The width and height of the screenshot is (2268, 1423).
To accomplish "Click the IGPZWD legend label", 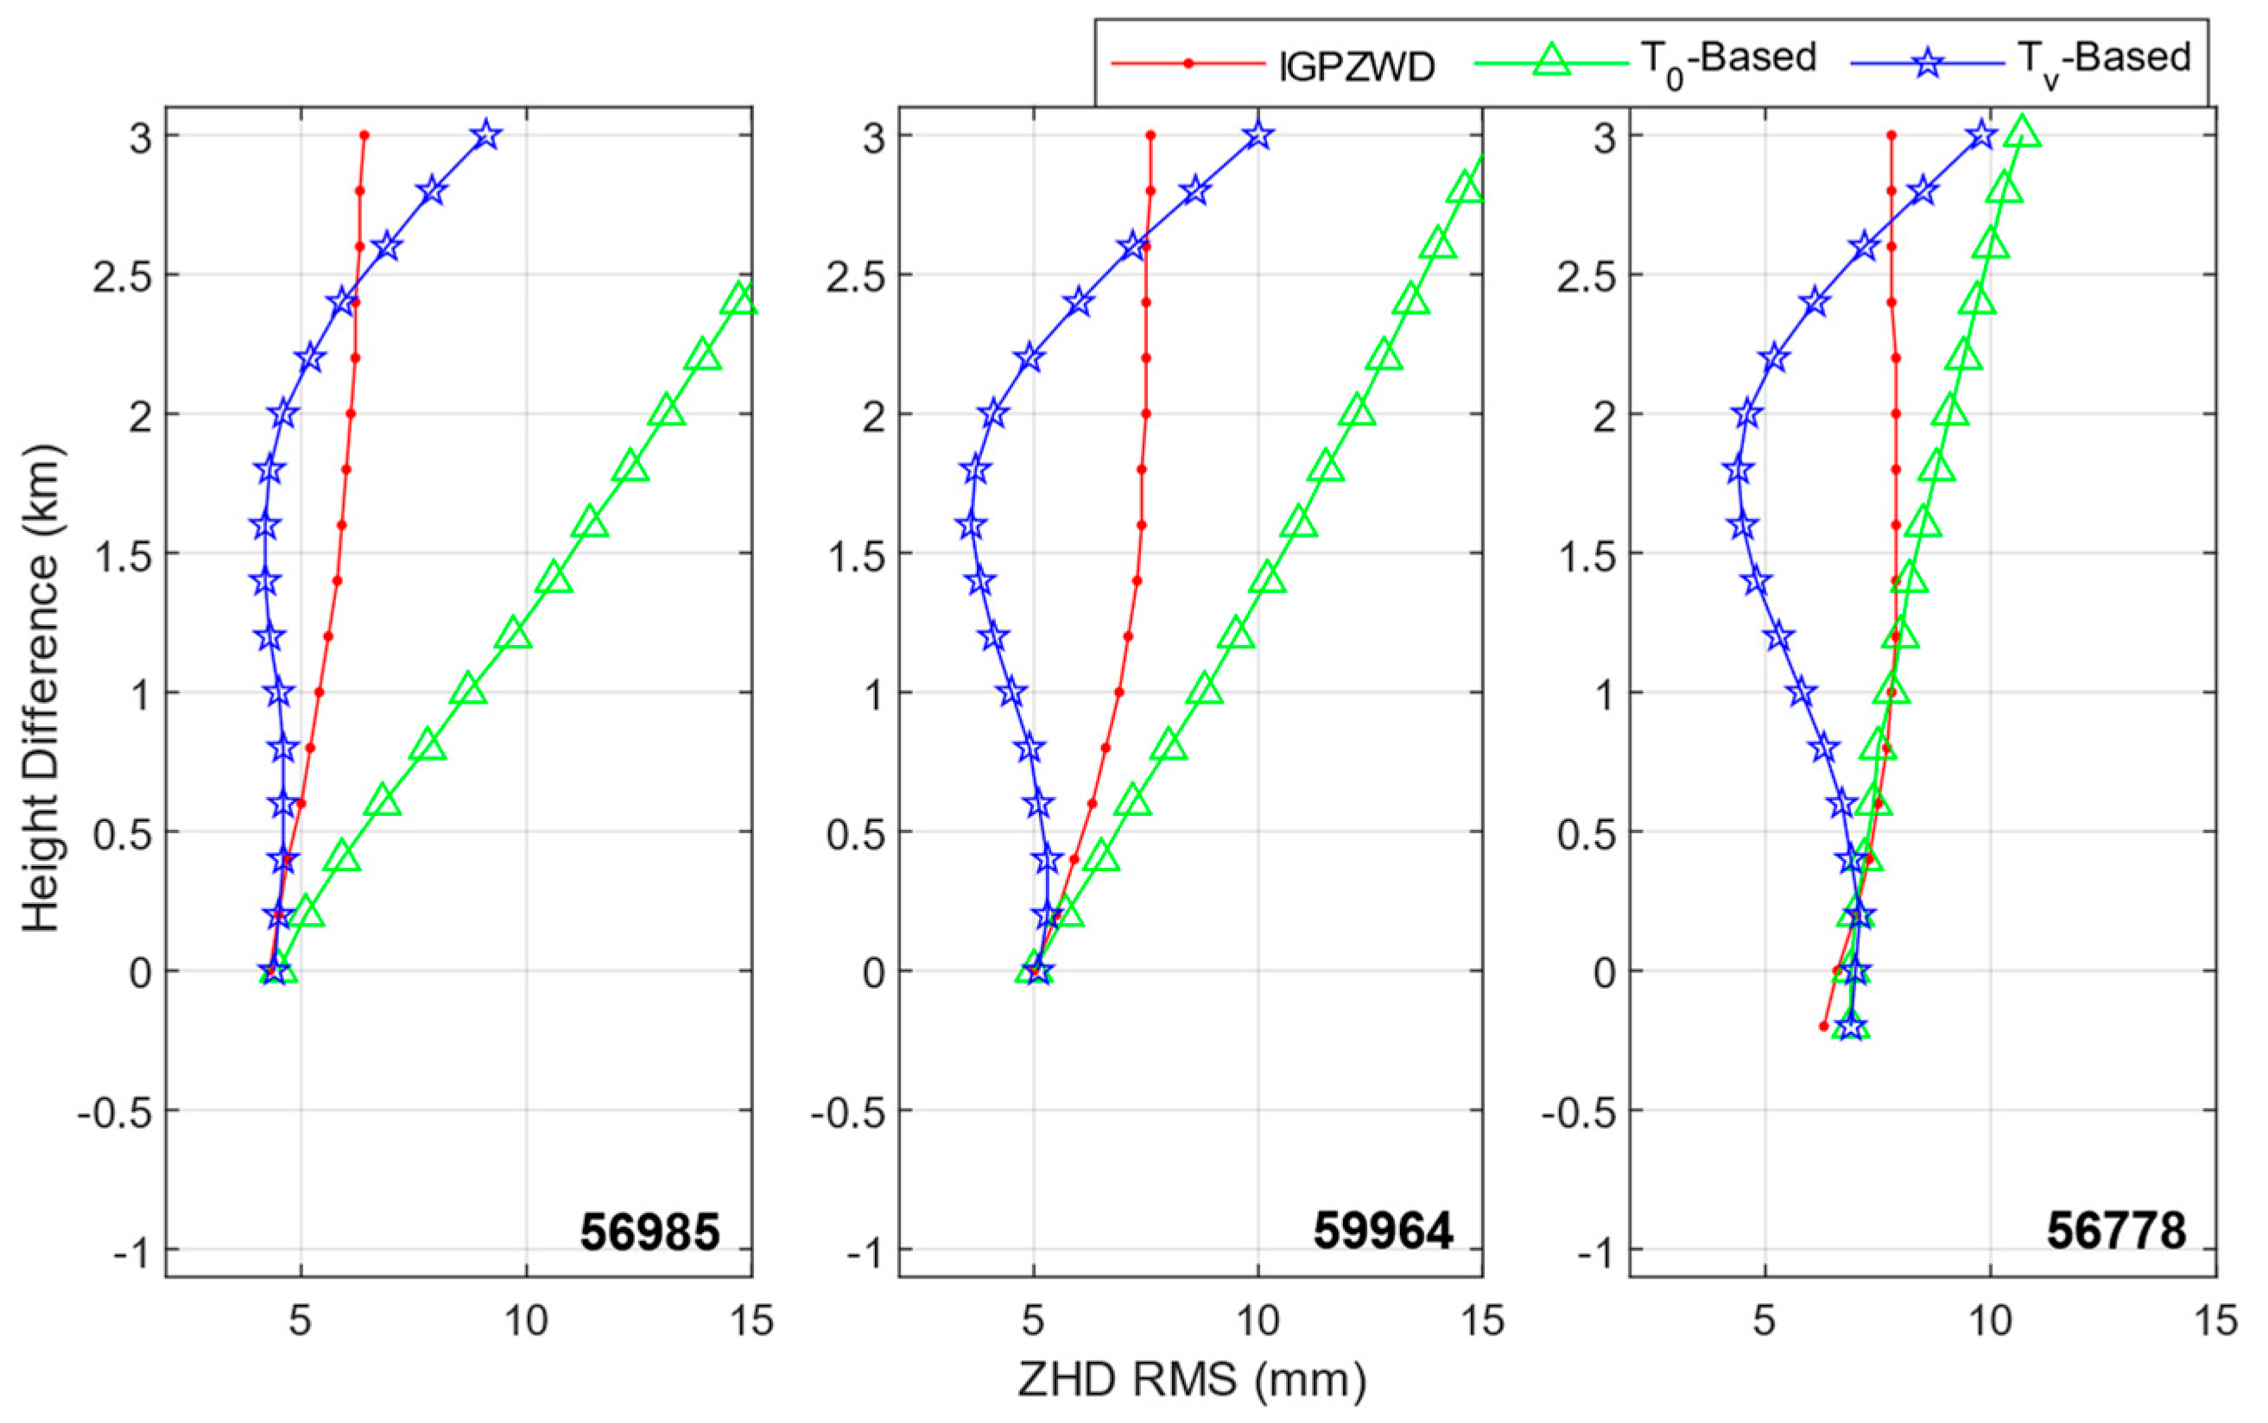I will tap(1357, 66).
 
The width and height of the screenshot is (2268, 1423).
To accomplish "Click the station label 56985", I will tap(649, 1232).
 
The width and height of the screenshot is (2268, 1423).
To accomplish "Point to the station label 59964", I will tap(1383, 1232).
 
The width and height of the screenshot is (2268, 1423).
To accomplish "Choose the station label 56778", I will tap(2115, 1232).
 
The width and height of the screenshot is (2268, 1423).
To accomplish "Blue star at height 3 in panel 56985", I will tap(485, 136).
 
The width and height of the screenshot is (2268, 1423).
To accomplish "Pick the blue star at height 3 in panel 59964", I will tap(1258, 136).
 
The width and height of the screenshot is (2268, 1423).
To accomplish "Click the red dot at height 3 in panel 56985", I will tap(364, 136).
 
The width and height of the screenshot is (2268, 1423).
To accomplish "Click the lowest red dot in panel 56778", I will tap(1823, 1026).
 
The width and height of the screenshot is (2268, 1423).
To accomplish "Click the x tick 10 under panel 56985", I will tap(526, 1321).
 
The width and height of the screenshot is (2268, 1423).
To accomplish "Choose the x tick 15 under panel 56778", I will tap(2215, 1321).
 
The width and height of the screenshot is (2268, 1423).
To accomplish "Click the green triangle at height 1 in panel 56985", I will tap(469, 691).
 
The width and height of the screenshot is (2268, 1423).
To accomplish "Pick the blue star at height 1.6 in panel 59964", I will tap(970, 525).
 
